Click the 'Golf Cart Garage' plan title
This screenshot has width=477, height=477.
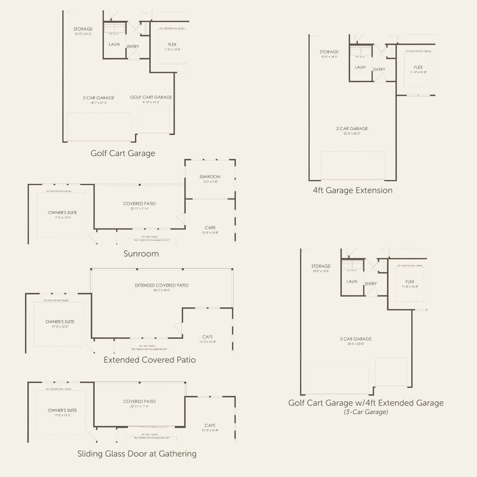coord(123,153)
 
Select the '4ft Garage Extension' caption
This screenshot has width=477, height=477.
coord(352,190)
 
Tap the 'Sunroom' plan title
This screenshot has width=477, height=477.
coord(141,254)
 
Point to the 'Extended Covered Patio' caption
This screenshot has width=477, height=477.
coord(150,360)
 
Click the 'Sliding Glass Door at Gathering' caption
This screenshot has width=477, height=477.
coord(137,454)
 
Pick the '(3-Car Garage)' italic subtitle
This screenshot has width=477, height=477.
coord(365,412)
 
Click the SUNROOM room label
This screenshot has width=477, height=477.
coord(210,177)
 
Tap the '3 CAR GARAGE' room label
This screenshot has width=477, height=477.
coord(355,339)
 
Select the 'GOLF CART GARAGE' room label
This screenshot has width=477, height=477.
coord(151,97)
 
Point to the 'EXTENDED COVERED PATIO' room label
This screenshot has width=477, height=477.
coord(162,285)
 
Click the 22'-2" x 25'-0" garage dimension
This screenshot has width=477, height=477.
coord(352,133)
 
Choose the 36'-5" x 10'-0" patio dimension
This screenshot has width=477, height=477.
coord(162,290)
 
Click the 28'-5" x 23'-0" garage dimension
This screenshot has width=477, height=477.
coord(355,344)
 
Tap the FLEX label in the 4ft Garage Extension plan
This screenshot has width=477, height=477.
coord(418,67)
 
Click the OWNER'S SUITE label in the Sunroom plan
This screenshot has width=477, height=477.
coord(62,212)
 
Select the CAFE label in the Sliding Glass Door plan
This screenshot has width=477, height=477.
coord(210,425)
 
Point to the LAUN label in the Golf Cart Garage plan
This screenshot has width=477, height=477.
coord(114,44)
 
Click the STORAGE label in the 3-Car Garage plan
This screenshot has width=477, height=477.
coord(321,266)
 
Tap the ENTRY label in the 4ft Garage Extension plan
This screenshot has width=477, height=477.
coord(379,70)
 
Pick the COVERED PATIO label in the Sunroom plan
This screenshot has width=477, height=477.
coord(139,203)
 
